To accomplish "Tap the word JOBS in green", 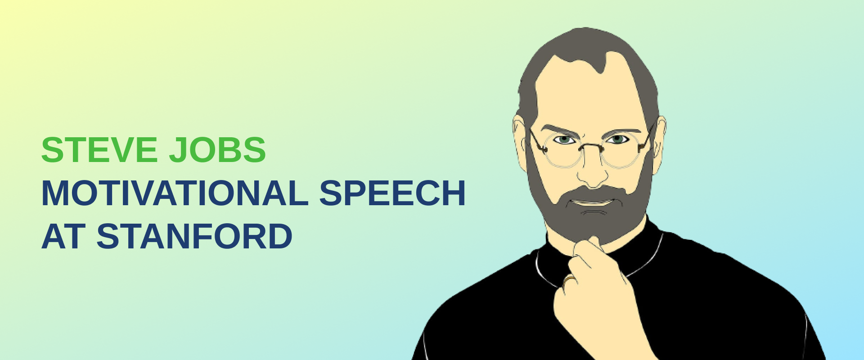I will point(217,150).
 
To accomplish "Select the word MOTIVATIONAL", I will point(175,193).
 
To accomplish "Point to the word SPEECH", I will point(392,193).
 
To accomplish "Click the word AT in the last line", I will point(63,237).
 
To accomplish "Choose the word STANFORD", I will point(194,237).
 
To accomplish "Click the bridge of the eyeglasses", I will point(591,146).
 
